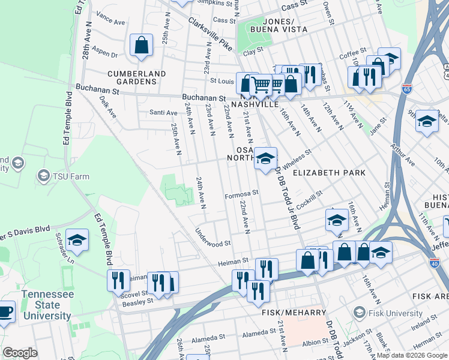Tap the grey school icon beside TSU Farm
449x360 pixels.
(43, 176)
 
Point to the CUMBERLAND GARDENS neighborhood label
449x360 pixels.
(136, 77)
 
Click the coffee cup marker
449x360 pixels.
(6, 313)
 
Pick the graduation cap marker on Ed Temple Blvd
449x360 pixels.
(77, 241)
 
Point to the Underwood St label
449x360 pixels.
(213, 238)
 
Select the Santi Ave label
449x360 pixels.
(163, 112)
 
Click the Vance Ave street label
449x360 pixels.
(110, 18)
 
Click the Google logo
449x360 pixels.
(20, 353)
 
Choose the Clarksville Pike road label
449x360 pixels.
(209, 34)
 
